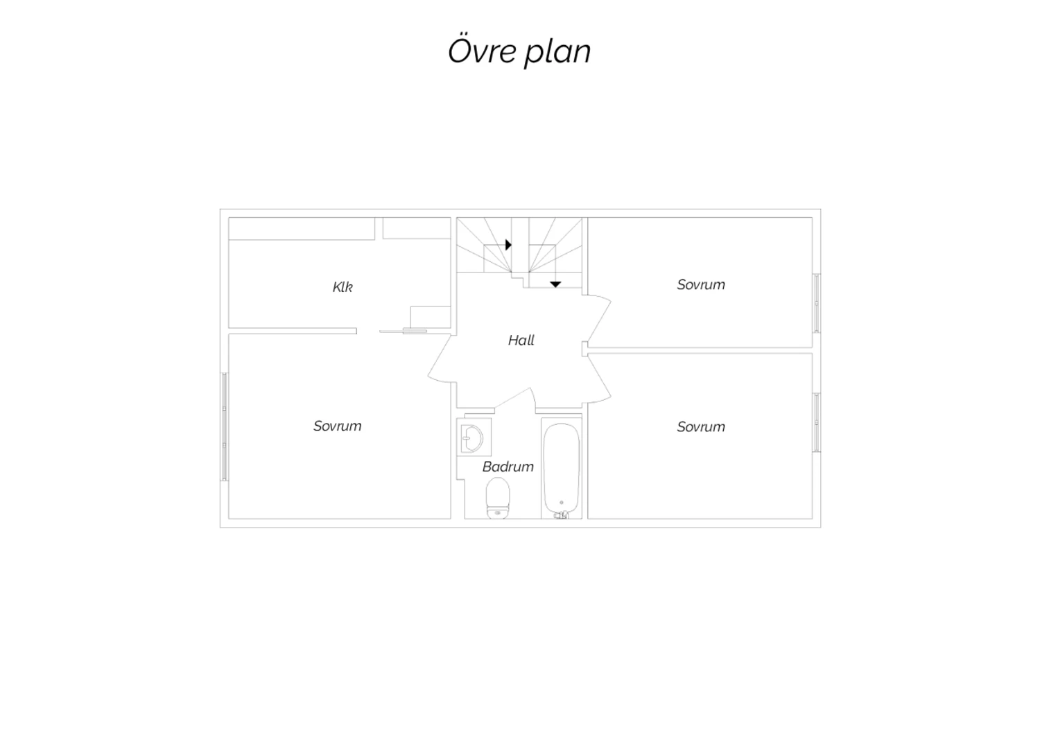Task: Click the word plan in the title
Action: pos(557,53)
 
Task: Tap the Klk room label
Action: pos(343,287)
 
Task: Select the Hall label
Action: pos(521,340)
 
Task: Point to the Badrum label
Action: pos(508,467)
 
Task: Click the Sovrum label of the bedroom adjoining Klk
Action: pos(338,426)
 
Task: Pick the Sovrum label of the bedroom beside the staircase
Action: pos(701,284)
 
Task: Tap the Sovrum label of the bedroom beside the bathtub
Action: pos(701,426)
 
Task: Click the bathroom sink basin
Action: pos(473,438)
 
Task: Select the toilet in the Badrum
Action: pos(498,498)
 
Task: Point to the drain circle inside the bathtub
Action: pos(562,503)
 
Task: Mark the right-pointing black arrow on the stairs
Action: pos(508,245)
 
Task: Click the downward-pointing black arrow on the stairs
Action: pos(556,284)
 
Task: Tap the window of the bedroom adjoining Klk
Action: pos(224,426)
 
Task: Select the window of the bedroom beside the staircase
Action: pos(817,303)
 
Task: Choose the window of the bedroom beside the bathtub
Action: pos(817,422)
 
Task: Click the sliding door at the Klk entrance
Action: pos(403,331)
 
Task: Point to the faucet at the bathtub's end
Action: pos(562,515)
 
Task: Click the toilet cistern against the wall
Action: pos(498,512)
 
